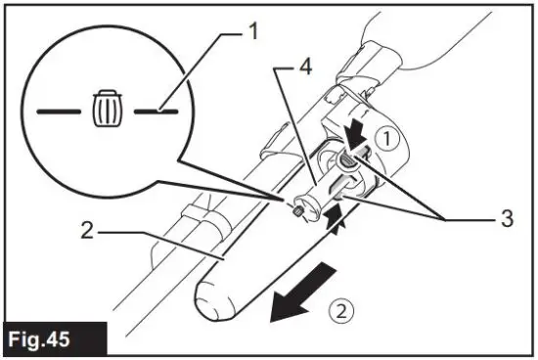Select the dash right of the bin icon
click(157, 112)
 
